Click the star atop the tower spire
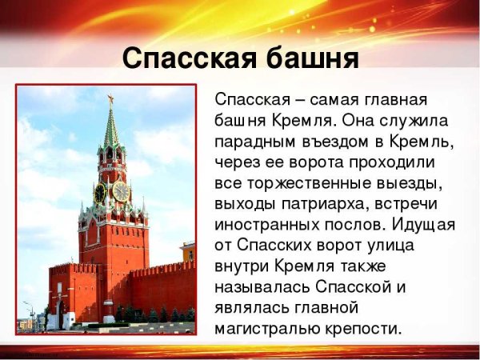point(110,99)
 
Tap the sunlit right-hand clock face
point(121,191)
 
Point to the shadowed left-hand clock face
point(100,193)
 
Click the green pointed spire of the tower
point(110,128)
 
